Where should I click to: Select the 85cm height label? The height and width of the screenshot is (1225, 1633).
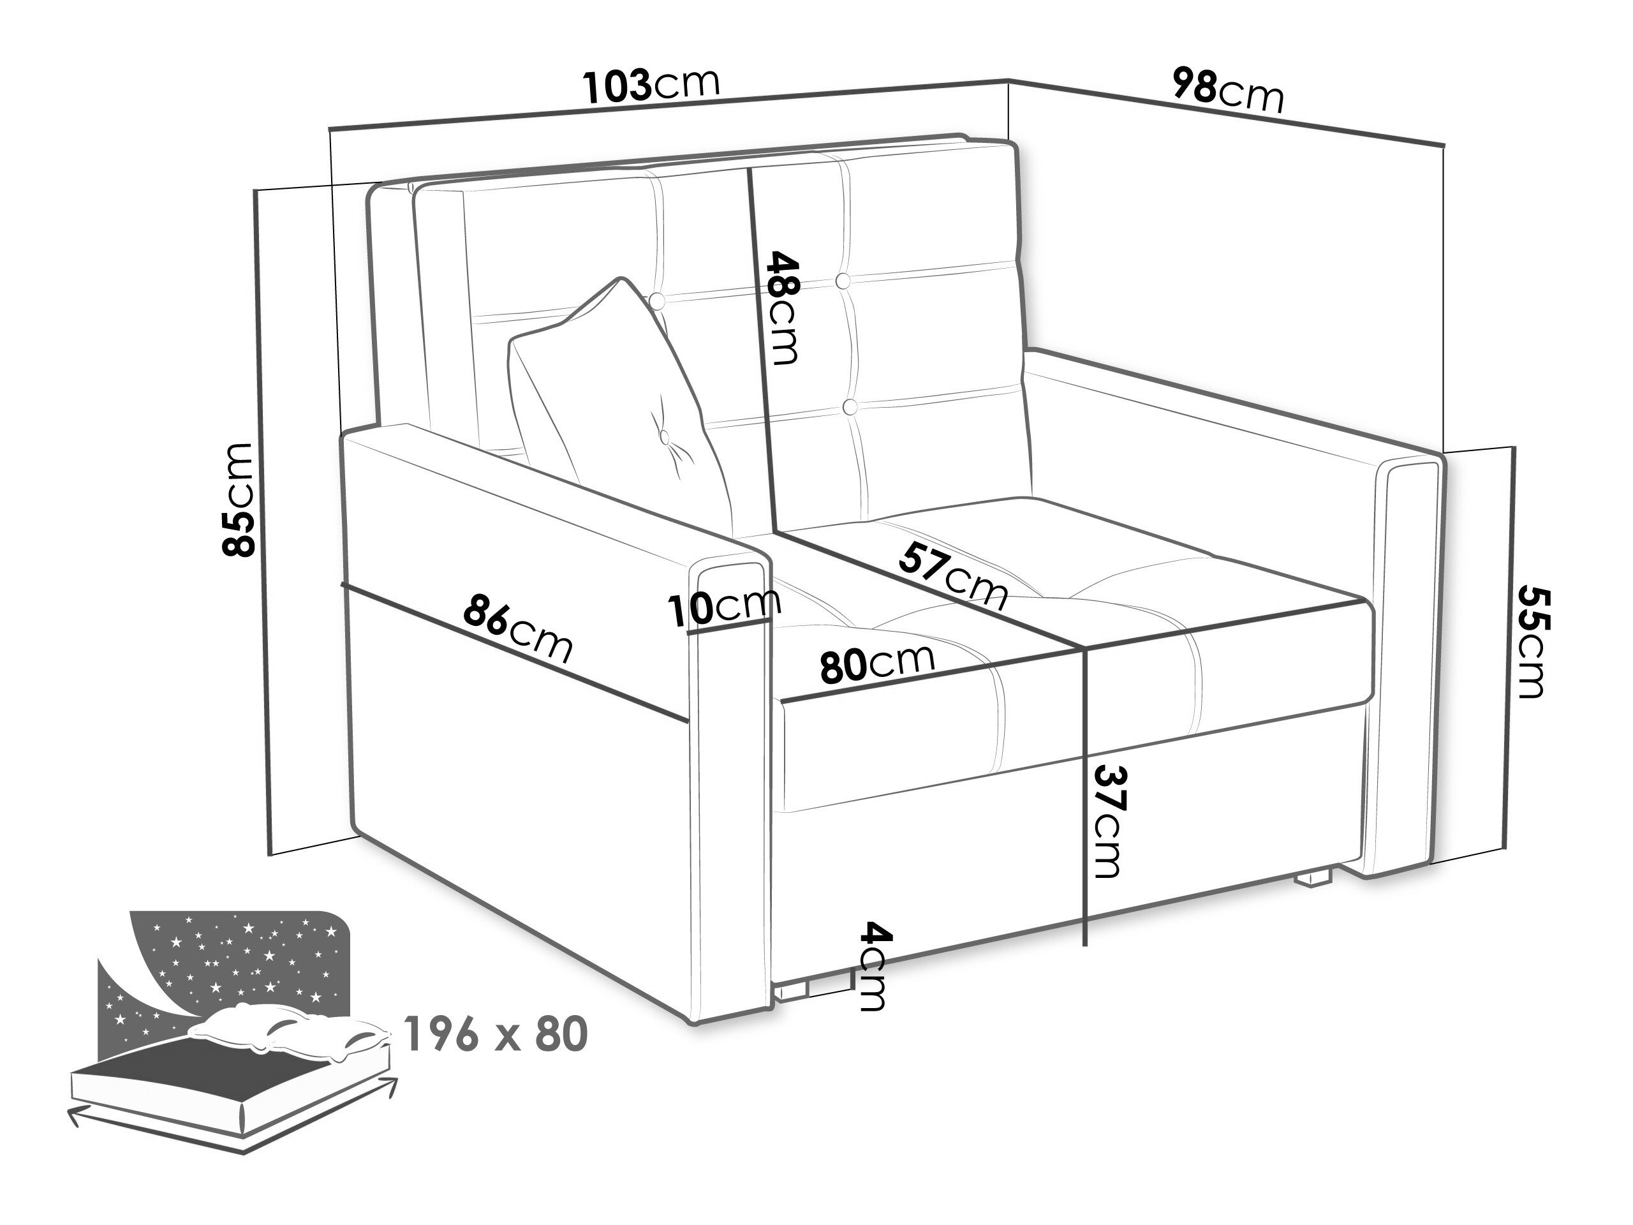(x=239, y=499)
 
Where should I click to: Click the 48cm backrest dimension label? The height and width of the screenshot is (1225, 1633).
(x=783, y=308)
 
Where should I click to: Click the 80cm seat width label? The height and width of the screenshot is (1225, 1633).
(x=877, y=663)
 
